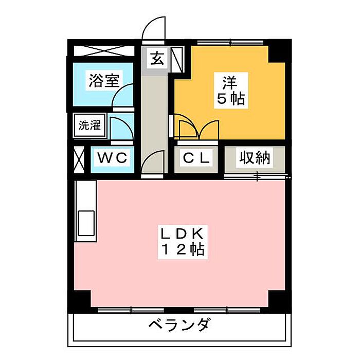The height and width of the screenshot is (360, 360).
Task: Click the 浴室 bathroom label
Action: click(x=104, y=81)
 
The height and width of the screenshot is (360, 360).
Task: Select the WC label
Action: click(x=113, y=158)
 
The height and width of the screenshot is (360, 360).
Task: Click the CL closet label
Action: click(x=195, y=158)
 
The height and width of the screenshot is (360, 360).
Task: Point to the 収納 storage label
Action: click(x=254, y=158)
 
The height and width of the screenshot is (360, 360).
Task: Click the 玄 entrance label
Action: click(x=156, y=58)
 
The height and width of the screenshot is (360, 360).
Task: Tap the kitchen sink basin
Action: click(x=85, y=223)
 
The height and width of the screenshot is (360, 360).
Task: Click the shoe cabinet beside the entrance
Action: click(x=177, y=59)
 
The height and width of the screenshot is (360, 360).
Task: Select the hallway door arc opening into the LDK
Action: click(x=152, y=162)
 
